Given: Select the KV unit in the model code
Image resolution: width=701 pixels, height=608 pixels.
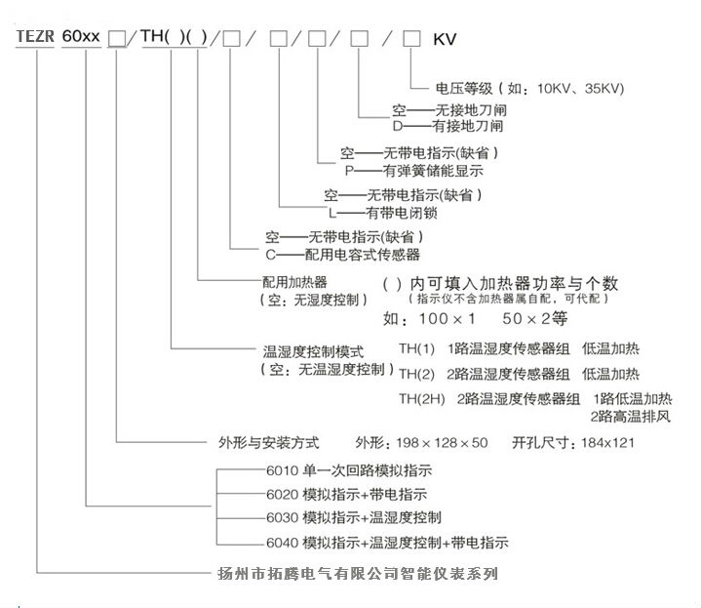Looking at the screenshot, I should (445, 40).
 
